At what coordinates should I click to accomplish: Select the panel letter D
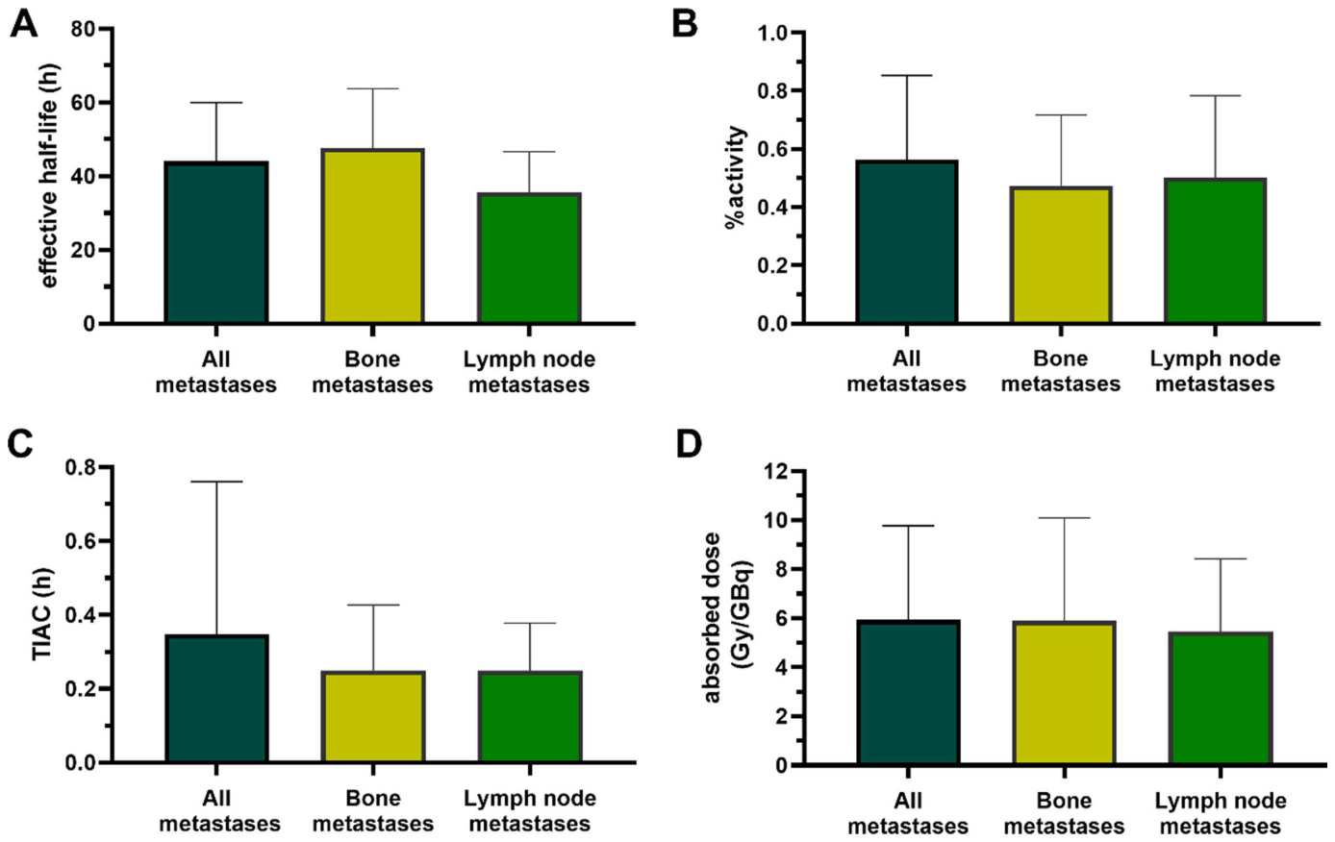tap(689, 445)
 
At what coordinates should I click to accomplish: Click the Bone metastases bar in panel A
tap(372, 235)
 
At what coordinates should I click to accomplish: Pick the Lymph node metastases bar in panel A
tap(529, 258)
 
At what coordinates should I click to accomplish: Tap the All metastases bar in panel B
tap(906, 242)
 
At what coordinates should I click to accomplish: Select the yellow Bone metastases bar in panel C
tap(373, 716)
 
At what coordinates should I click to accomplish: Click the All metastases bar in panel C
tap(217, 699)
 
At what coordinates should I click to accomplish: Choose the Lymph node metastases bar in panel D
tap(1220, 698)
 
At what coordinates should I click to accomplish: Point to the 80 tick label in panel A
tap(84, 29)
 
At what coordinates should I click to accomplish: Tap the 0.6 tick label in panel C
tap(80, 541)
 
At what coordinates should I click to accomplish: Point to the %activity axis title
tap(737, 178)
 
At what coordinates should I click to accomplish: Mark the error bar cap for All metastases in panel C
tap(217, 482)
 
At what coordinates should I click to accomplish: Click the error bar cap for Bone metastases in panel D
tap(1064, 518)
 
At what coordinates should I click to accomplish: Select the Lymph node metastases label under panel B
tap(1215, 372)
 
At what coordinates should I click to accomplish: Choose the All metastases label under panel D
tap(908, 814)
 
